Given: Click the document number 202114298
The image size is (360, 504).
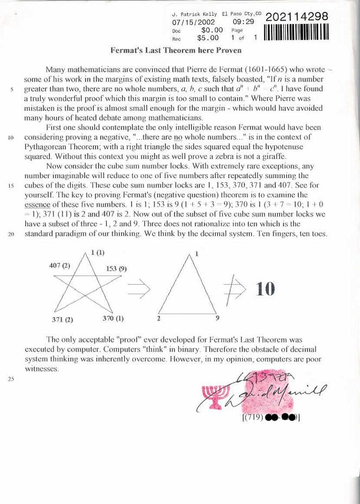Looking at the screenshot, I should click(298, 17).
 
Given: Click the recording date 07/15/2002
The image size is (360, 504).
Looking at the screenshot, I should click(194, 22).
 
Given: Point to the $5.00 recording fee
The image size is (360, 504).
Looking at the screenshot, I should click(208, 39).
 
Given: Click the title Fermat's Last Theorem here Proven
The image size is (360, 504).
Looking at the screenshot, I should click(176, 50).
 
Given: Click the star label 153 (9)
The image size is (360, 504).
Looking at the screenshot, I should click(116, 269).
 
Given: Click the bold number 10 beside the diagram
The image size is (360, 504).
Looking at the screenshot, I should click(266, 289).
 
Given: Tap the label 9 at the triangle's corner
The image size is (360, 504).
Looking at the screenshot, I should click(217, 318).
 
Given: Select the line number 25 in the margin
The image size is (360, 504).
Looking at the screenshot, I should click(11, 379).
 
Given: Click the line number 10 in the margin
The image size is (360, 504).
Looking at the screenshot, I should click(11, 137).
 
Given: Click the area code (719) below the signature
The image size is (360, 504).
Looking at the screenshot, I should click(251, 418).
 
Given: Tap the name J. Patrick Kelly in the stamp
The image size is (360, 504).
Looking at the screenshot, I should click(194, 14).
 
